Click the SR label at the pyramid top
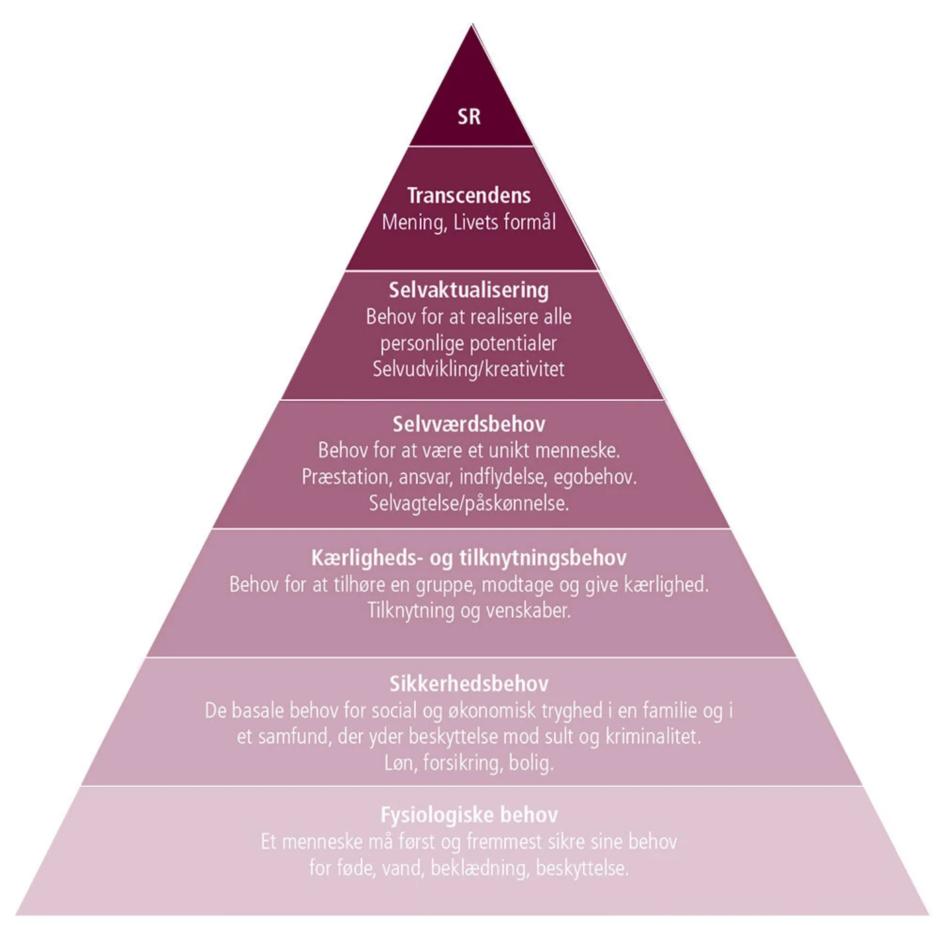click(469, 117)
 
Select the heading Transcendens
click(469, 195)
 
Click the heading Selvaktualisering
click(469, 290)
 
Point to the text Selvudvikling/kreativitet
click(469, 369)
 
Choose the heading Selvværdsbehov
click(469, 424)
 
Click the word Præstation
click(345, 477)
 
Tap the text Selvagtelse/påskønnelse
click(469, 503)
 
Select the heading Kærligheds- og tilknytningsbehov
click(469, 557)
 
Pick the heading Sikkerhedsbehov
click(469, 684)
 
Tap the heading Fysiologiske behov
click(469, 815)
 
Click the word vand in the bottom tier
click(402, 869)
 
